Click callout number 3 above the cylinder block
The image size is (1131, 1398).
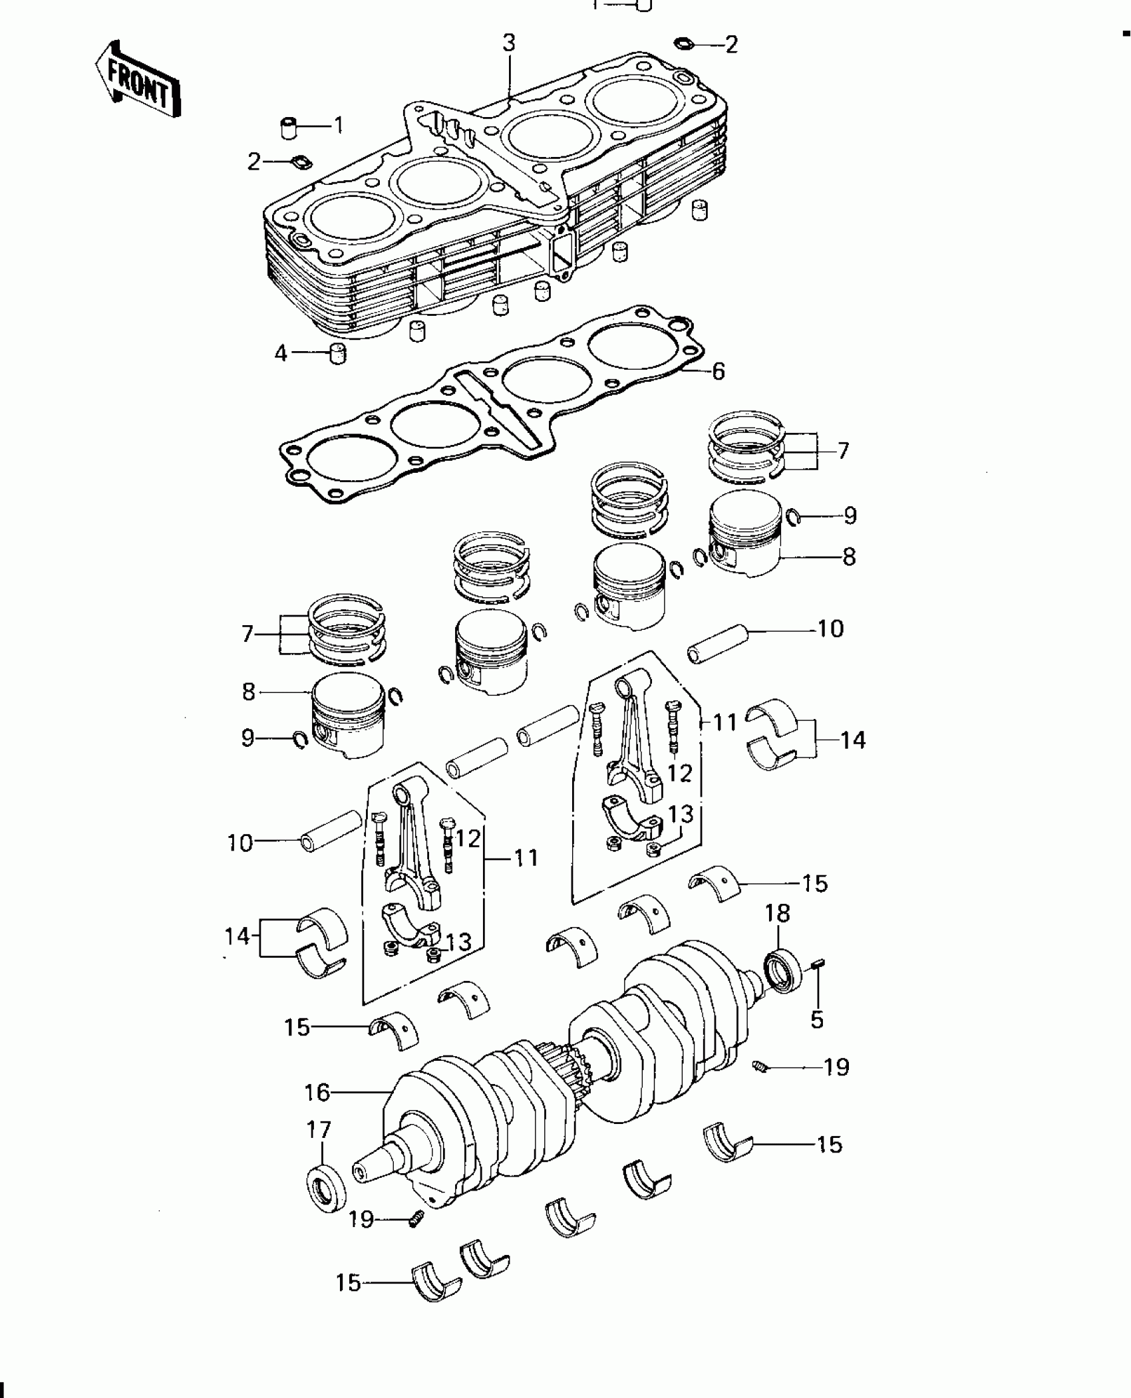[x=508, y=43]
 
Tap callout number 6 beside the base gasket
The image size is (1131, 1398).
[x=718, y=372]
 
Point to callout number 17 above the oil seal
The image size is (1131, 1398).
[x=319, y=1129]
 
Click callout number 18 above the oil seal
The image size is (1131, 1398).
[x=777, y=914]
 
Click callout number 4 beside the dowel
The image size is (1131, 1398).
[x=281, y=354]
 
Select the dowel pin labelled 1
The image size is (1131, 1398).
[x=288, y=127]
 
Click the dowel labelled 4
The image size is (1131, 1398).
[x=339, y=354]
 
